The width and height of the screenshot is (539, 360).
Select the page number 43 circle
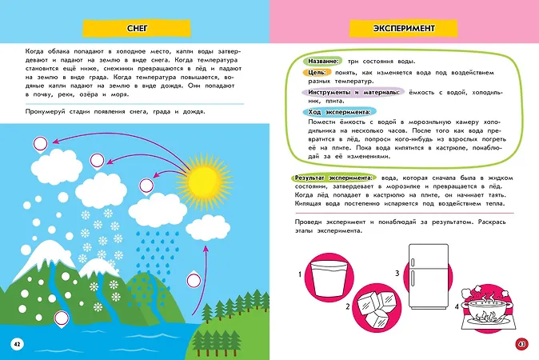click(x=521, y=343)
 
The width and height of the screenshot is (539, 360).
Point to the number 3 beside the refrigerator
click(x=397, y=274)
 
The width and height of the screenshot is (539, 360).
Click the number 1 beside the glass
click(x=300, y=274)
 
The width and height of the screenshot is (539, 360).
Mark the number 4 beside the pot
click(x=457, y=306)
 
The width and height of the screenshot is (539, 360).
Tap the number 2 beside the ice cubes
click(x=348, y=306)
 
